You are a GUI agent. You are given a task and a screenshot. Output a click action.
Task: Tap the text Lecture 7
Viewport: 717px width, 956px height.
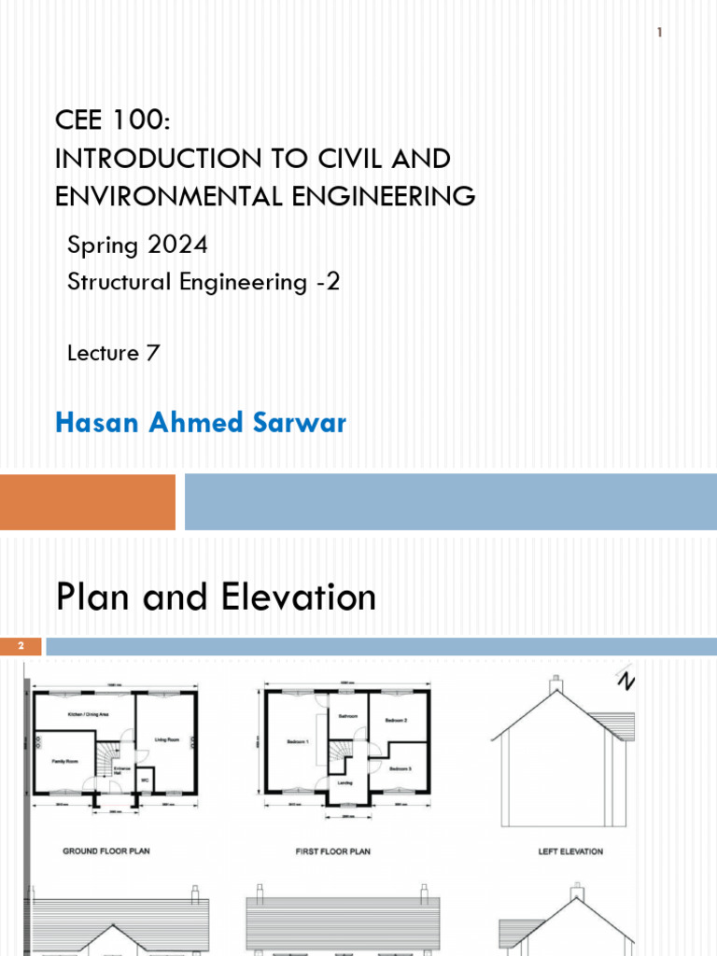click(x=114, y=353)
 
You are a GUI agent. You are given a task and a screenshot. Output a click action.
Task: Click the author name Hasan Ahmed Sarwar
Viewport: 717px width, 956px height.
click(x=201, y=423)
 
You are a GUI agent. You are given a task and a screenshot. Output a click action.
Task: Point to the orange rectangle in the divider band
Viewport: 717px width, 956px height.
click(x=88, y=501)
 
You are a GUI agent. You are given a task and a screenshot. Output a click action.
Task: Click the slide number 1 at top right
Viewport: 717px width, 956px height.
click(x=659, y=34)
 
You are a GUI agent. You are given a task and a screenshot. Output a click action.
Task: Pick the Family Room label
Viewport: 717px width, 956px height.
click(x=64, y=762)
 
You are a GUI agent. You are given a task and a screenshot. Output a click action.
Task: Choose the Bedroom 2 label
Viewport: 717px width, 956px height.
click(x=398, y=721)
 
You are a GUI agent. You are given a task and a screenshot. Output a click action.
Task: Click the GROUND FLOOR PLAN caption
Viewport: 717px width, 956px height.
click(x=106, y=851)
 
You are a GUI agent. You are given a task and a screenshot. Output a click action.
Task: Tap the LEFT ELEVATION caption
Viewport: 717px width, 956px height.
click(x=570, y=851)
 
